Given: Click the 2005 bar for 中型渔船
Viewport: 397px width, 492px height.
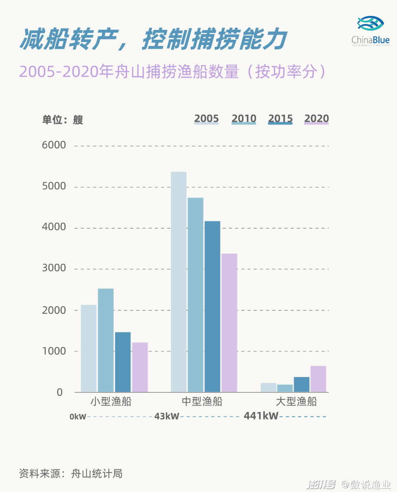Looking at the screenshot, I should (x=179, y=282).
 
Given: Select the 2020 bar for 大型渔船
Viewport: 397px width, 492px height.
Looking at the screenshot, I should (x=318, y=379).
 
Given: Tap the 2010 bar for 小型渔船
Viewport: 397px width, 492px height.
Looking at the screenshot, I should (x=106, y=340).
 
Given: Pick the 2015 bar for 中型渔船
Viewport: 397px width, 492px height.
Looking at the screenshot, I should (x=212, y=306).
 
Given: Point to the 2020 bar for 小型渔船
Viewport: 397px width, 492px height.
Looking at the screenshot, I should (x=140, y=367).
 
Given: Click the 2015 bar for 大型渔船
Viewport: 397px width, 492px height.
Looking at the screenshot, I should (x=301, y=384).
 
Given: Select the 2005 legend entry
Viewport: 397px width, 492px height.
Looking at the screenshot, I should (x=206, y=119).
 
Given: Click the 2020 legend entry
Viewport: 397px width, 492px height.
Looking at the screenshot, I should (x=316, y=119).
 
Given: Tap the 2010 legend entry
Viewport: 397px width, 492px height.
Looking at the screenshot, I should (x=244, y=119).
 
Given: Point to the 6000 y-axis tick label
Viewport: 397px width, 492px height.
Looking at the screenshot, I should (x=54, y=145).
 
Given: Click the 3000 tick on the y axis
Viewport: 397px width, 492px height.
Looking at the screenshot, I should (x=54, y=268).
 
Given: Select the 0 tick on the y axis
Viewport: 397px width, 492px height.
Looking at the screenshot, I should (x=60, y=392).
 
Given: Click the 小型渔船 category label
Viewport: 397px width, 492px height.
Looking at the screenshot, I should (x=111, y=401).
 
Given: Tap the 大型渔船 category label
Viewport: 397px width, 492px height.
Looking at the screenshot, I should (x=296, y=401).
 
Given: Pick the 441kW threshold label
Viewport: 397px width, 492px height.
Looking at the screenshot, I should (x=261, y=416).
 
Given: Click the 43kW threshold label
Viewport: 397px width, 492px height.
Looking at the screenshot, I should (x=167, y=416).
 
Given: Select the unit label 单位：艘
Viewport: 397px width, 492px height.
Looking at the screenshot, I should (x=62, y=120).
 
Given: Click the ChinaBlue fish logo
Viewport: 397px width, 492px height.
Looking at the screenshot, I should (x=370, y=24).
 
